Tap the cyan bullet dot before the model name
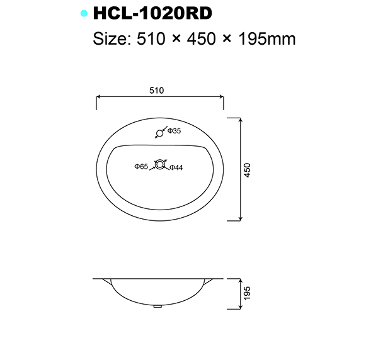[83, 13]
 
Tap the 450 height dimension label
[248, 170]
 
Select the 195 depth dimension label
[248, 293]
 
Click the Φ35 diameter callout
[174, 131]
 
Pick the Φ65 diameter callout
[140, 167]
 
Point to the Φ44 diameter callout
[176, 167]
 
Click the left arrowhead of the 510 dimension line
[98, 98]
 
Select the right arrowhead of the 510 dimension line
[222, 98]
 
